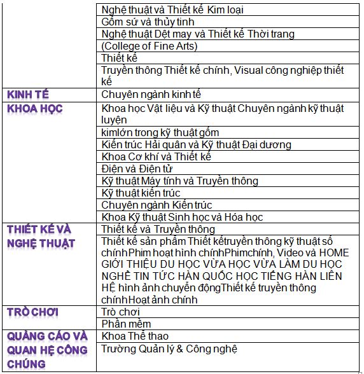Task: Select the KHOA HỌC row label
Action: [35, 109]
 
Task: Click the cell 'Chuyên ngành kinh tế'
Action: [151, 95]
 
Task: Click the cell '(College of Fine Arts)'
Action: [150, 46]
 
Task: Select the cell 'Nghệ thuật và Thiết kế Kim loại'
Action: [172, 10]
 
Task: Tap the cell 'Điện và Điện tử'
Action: [136, 169]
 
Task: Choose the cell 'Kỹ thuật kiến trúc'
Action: [141, 193]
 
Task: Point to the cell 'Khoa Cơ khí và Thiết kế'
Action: [156, 156]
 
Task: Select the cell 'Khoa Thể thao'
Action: [135, 336]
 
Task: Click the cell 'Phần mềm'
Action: [121, 324]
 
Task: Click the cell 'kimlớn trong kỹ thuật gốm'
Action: [160, 132]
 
